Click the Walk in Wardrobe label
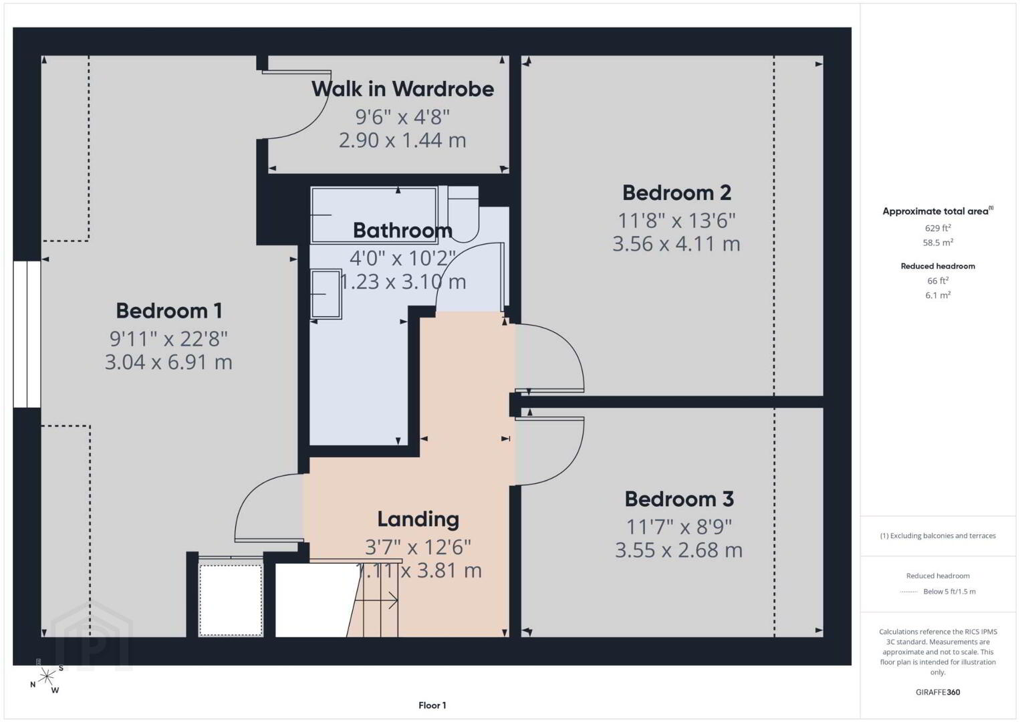point(402,89)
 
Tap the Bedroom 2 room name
point(676,193)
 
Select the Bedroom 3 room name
point(679,499)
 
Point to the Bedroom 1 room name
point(169,311)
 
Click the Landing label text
point(418,519)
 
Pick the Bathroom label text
point(402,231)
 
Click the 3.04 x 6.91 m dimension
point(168,362)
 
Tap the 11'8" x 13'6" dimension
point(676,221)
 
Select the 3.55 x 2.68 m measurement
point(679,550)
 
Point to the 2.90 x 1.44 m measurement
point(402,140)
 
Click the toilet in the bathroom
point(463,214)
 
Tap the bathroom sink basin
point(326,293)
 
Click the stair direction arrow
point(376,600)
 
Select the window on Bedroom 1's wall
point(27,334)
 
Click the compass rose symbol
point(46,677)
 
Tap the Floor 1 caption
point(432,705)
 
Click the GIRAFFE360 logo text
point(938,692)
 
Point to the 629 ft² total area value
point(938,228)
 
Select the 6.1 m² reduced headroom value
point(938,295)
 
